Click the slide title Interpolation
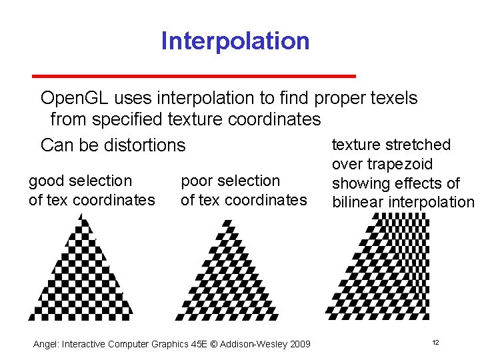point(235,41)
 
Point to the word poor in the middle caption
point(196,181)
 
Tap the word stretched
point(417,145)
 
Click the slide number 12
point(435,343)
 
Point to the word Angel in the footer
point(45,344)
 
